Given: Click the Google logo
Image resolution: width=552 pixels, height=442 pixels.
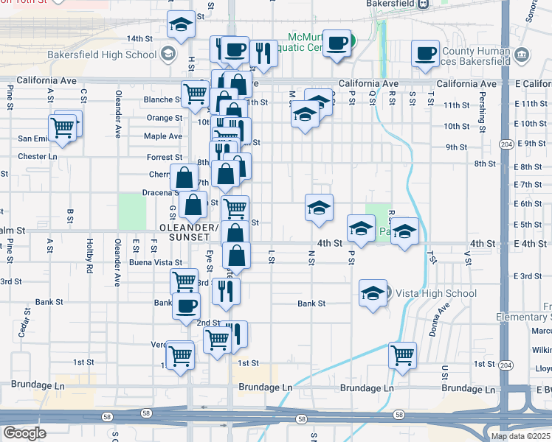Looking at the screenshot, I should tap(25, 433).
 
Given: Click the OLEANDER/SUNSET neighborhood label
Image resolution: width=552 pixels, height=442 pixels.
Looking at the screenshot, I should tap(190, 232).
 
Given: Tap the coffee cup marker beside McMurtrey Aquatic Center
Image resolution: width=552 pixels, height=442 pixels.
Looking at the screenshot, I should tap(337, 44).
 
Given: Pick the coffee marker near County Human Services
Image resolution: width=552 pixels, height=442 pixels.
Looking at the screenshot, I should tap(426, 54).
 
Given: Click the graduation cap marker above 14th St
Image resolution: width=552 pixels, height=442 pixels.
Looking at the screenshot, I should tap(180, 25).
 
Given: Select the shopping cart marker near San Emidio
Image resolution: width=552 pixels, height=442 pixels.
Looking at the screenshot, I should tap(63, 128).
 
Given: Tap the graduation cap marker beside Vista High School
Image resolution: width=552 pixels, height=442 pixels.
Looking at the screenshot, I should tap(373, 293).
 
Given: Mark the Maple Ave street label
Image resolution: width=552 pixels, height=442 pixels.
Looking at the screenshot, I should tap(163, 136).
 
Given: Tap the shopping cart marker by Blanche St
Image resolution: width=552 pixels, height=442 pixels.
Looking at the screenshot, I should tap(194, 94).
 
